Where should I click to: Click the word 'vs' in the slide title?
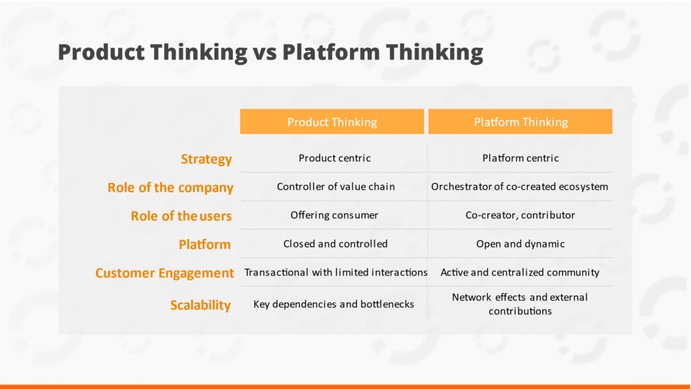point(265,53)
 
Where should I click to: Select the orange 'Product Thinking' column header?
point(332,122)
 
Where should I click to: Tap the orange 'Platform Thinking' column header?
point(520,122)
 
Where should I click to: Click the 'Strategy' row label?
point(206,159)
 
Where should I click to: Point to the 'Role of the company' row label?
point(171,188)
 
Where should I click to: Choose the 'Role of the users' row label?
point(181,216)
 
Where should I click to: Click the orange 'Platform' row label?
point(205,244)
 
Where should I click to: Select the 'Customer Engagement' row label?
point(165,273)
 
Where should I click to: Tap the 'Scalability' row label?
point(200,305)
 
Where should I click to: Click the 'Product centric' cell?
point(335,158)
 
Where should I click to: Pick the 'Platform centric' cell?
point(520,158)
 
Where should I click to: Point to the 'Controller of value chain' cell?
point(336,186)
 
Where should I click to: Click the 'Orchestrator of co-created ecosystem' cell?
point(520,186)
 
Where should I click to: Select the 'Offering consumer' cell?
point(335,215)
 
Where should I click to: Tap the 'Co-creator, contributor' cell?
point(520,215)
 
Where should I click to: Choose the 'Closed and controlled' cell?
point(335,244)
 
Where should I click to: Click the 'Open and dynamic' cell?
point(520,244)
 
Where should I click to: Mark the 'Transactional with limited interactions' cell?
point(336,273)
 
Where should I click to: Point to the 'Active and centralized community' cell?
point(520,273)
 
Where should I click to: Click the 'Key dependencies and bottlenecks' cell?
point(333,305)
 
